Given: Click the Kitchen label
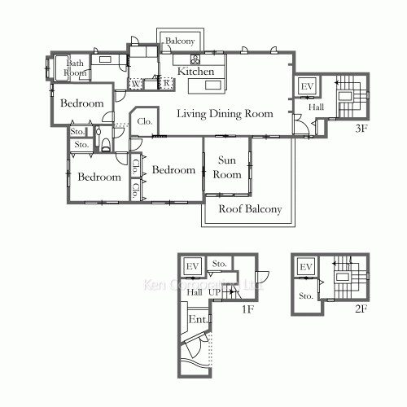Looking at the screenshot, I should [195, 72].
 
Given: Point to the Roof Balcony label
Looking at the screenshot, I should [250, 209].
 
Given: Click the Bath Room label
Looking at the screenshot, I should [76, 68].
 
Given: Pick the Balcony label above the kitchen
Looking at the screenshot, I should [180, 41].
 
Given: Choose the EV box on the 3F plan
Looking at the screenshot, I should [307, 87].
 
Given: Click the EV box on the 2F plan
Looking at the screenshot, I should [306, 267].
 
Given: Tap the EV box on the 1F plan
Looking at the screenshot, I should [192, 266].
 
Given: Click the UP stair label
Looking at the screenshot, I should [214, 291].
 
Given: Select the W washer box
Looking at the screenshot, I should [135, 84].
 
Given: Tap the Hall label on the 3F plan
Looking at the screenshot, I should [316, 107].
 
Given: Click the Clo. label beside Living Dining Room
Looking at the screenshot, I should [145, 121].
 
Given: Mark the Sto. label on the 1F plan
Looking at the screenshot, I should [219, 265].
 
